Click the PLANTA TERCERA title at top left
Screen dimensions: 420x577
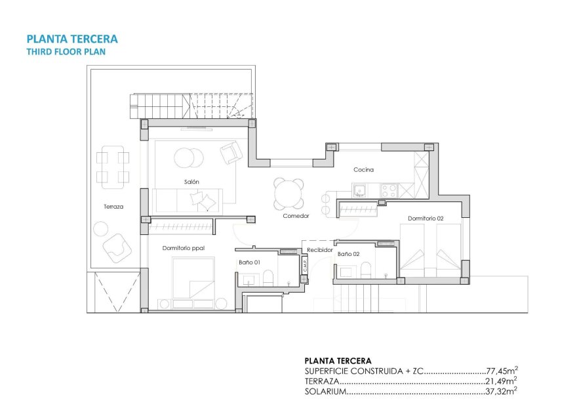pyautogui.click(x=71, y=39)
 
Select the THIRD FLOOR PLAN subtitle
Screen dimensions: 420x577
pyautogui.click(x=65, y=51)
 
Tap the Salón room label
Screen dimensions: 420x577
pyautogui.click(x=191, y=182)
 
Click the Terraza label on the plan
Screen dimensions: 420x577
pyautogui.click(x=113, y=207)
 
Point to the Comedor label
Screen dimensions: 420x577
pyautogui.click(x=296, y=216)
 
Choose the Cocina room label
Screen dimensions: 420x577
pyautogui.click(x=363, y=170)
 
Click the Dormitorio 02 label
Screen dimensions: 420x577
pyautogui.click(x=426, y=219)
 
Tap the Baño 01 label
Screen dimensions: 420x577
pyautogui.click(x=250, y=262)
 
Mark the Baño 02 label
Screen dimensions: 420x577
pyautogui.click(x=348, y=253)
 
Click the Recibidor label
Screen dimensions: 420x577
pyautogui.click(x=321, y=250)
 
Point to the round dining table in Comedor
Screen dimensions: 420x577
pyautogui.click(x=289, y=194)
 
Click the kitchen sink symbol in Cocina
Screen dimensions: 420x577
pyautogui.click(x=359, y=191)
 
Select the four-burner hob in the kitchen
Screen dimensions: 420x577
pyautogui.click(x=389, y=190)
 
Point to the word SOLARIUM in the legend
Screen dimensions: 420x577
pyautogui.click(x=325, y=392)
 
